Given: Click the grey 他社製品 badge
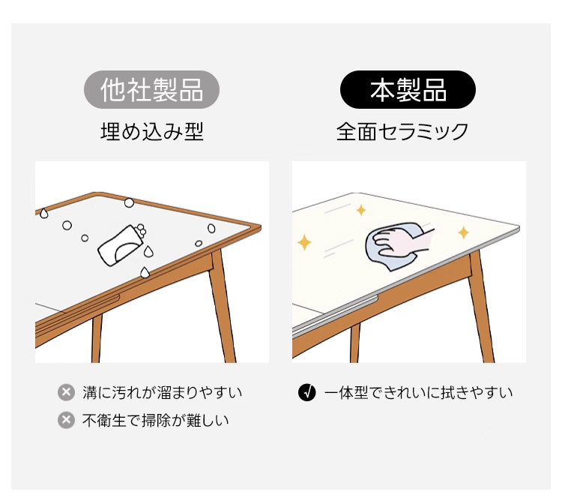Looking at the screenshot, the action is [x=151, y=90].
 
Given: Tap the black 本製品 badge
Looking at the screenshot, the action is [x=408, y=90].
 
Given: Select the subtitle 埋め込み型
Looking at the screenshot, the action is [x=152, y=131].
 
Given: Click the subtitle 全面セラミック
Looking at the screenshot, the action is [x=402, y=131].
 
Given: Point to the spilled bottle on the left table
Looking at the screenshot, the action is [x=122, y=244].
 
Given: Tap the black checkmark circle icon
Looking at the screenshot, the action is [x=306, y=392].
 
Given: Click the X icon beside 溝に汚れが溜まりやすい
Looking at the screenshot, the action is [x=66, y=392].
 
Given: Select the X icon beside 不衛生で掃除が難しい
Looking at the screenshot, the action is [x=66, y=420].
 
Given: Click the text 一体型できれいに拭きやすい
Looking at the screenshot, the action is [x=418, y=393].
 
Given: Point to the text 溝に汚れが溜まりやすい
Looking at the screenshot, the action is [x=163, y=393].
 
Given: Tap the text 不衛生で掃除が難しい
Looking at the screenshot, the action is [x=156, y=420].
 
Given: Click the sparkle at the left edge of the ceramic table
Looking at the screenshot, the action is [x=304, y=242].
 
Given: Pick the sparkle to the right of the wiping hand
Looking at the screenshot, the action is [x=463, y=232].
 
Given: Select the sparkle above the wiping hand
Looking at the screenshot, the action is [x=361, y=210].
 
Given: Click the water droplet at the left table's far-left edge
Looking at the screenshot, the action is [x=43, y=214].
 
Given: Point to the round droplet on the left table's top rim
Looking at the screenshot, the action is [x=129, y=203].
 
